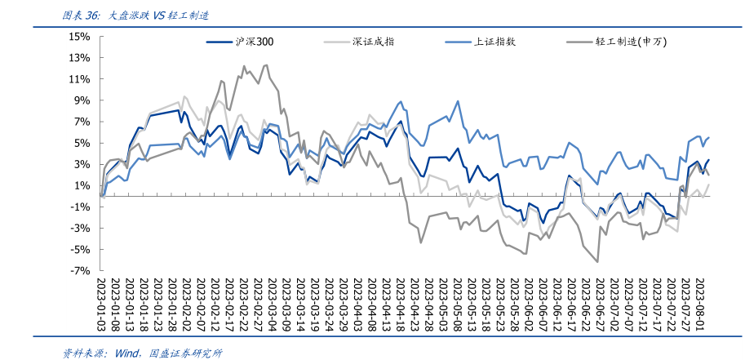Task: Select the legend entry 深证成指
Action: click(x=374, y=42)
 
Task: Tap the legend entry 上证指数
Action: click(x=494, y=42)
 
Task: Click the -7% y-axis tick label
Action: click(x=79, y=270)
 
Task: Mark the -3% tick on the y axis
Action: click(x=79, y=228)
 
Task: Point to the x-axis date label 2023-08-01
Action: click(x=698, y=304)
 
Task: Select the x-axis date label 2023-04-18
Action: click(x=401, y=304)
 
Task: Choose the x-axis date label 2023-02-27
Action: click(x=259, y=304)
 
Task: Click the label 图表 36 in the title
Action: click(x=82, y=16)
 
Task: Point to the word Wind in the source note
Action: click(x=129, y=353)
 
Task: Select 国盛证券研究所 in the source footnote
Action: click(x=185, y=353)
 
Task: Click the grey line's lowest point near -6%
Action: click(x=598, y=261)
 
